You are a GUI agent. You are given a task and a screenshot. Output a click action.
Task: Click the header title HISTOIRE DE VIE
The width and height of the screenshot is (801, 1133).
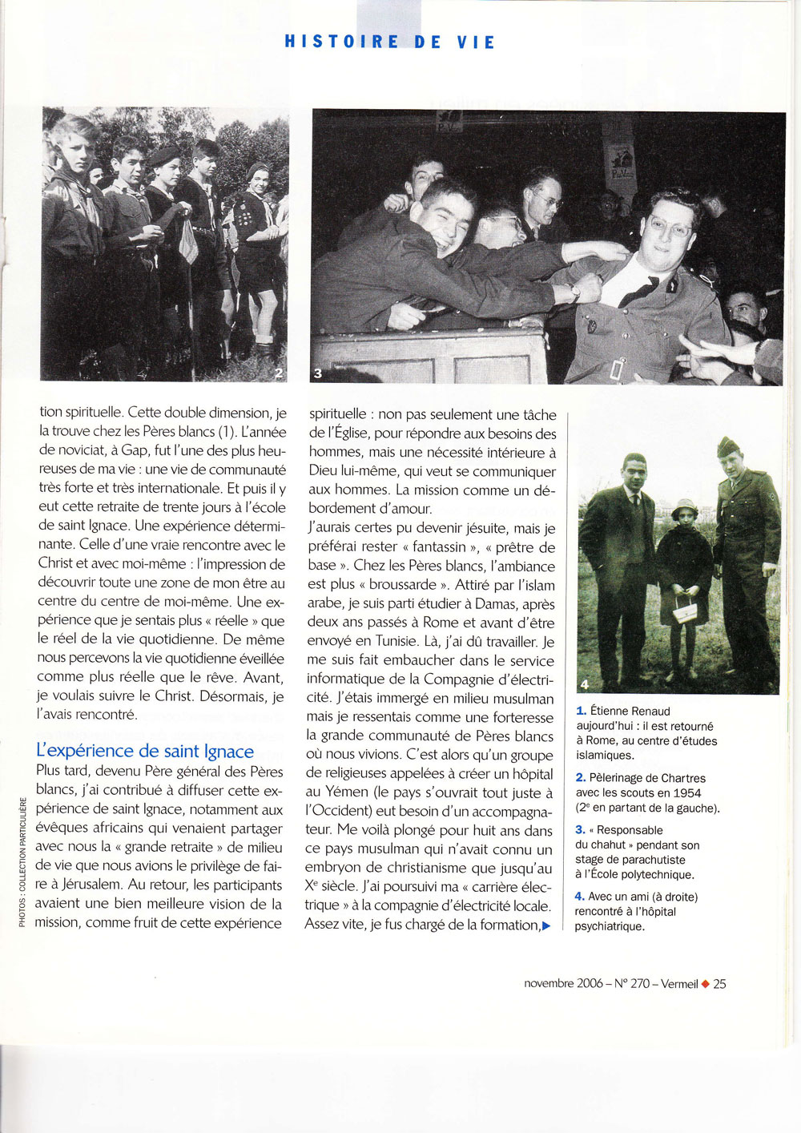coord(390,42)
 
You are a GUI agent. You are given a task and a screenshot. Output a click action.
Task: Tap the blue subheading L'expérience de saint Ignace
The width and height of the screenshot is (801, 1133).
coord(145,751)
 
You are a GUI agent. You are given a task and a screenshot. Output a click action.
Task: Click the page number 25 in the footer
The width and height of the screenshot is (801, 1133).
coord(719,984)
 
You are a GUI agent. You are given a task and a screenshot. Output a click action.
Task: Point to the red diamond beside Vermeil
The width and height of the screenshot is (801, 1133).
coord(705,984)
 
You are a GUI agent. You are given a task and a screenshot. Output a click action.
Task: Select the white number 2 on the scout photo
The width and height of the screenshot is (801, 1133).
coord(278,373)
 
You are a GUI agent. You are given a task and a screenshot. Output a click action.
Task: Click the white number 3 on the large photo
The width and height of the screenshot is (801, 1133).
coord(317,373)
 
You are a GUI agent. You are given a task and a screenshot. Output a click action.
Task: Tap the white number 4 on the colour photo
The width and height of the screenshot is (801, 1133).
coord(584,683)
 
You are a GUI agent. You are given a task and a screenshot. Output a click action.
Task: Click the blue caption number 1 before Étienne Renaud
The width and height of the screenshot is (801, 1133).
coord(581,711)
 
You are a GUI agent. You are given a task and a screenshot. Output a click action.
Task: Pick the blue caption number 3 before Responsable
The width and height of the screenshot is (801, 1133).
coord(581,830)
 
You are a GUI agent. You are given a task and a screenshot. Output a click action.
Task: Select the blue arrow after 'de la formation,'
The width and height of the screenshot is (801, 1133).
coord(546,925)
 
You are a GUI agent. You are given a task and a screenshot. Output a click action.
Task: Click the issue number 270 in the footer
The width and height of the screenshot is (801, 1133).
coord(640,984)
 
